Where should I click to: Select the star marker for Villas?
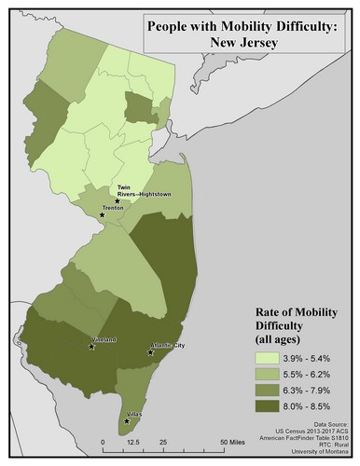(x=127, y=421)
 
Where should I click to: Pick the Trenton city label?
(x=114, y=209)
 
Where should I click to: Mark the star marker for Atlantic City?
(x=149, y=352)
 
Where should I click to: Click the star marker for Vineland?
(x=91, y=347)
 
